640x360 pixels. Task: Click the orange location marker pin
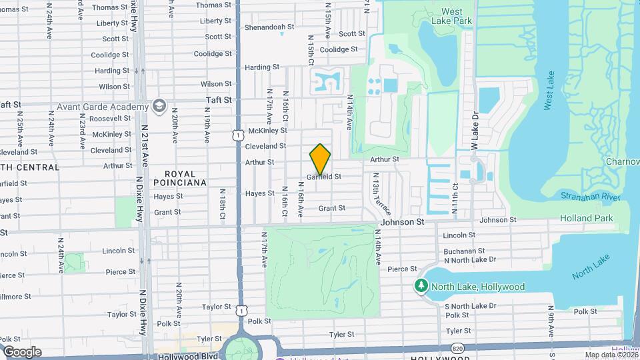pos(321,159)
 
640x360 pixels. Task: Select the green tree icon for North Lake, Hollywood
pos(421,287)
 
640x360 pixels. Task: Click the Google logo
pos(22,352)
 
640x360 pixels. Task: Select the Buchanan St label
pos(459,251)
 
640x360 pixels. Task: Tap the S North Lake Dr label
pos(470,306)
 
